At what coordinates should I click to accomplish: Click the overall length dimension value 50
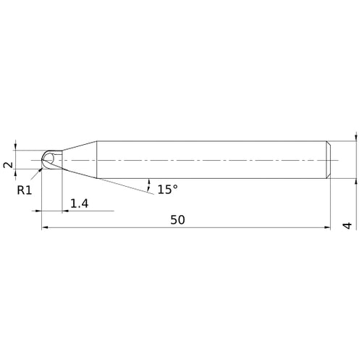pos(177,219)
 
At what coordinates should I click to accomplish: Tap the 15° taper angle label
pos(167,189)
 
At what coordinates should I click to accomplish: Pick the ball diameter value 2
pos(9,164)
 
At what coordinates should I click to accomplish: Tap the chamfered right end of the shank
pos(329,159)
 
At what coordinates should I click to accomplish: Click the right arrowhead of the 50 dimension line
pos(328,228)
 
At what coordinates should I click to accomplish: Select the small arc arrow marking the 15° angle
pos(149,181)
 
